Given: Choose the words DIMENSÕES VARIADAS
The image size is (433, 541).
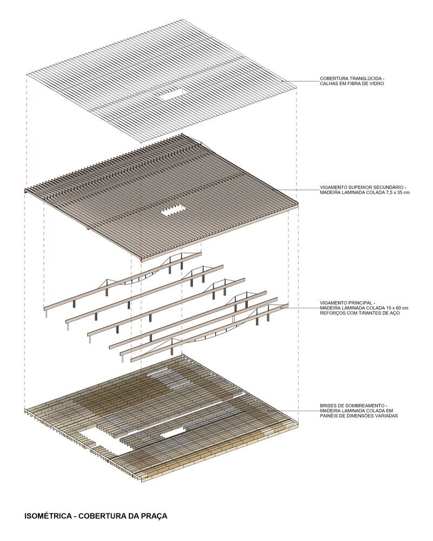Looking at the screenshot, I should pyautogui.click(x=374, y=417).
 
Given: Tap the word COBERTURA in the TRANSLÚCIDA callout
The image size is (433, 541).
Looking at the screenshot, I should pyautogui.click(x=332, y=78).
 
